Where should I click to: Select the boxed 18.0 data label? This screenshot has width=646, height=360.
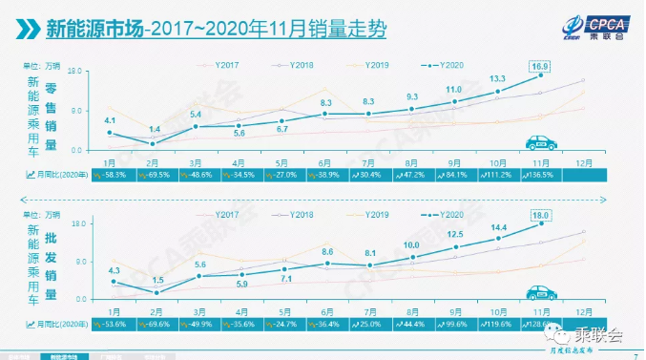click(542, 215)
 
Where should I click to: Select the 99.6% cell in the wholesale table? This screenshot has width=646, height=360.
click(454, 325)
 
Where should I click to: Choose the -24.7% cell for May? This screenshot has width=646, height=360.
click(283, 325)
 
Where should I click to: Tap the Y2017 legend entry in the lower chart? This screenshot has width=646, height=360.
click(225, 213)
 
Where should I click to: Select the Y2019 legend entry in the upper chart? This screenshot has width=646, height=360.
click(371, 63)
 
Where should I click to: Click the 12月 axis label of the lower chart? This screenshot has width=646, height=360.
click(584, 310)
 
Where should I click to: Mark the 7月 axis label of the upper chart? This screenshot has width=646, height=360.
click(368, 162)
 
